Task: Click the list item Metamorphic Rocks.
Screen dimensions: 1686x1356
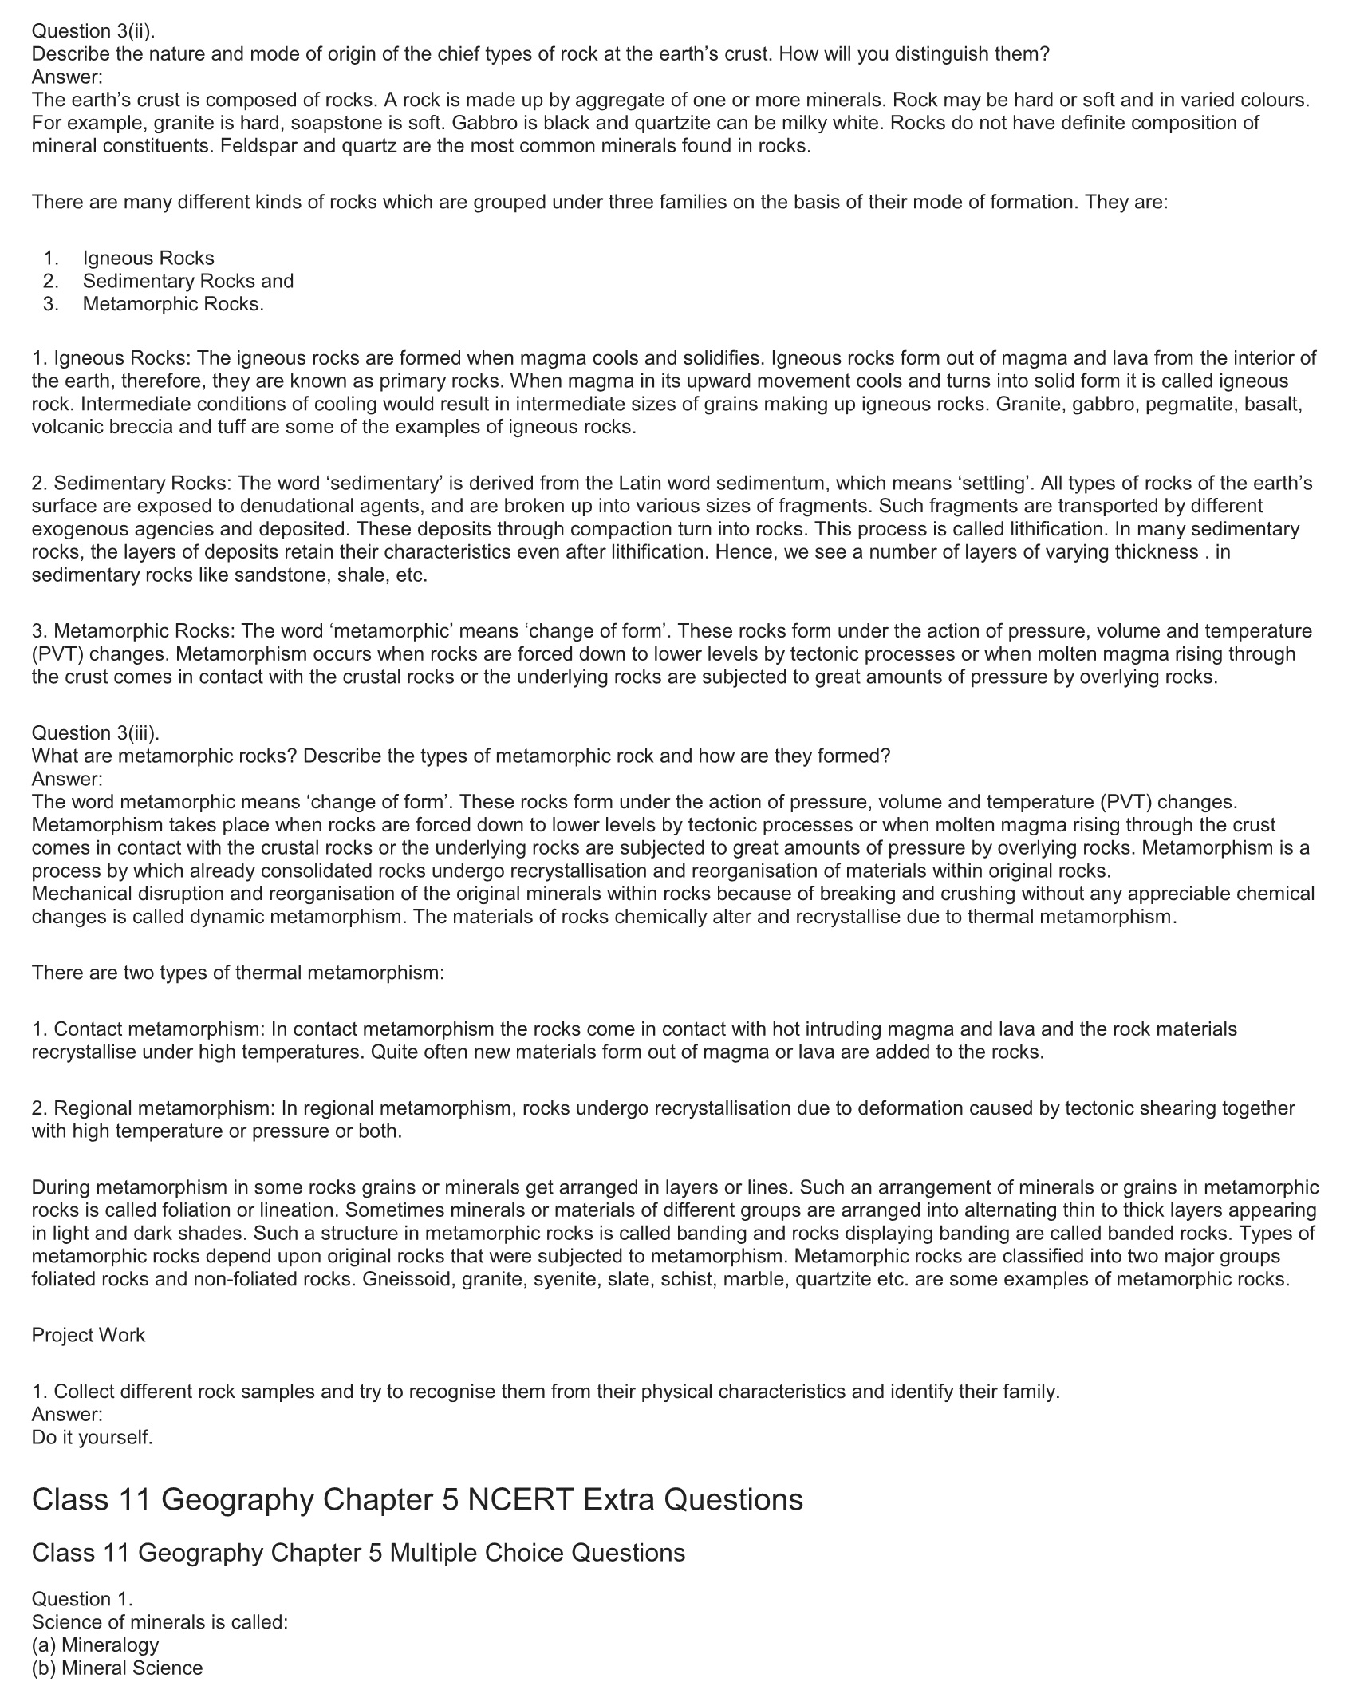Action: coord(173,304)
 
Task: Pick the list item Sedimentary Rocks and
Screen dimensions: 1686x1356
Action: coord(188,281)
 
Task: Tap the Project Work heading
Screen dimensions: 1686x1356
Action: coord(89,1335)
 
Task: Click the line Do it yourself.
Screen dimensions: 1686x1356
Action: coord(92,1437)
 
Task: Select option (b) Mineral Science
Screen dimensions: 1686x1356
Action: coord(117,1668)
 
